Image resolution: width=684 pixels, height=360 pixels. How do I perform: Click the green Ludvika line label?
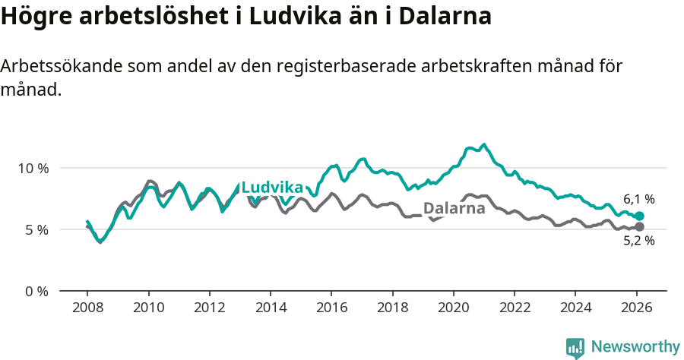272,188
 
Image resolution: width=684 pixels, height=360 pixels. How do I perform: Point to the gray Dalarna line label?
454,208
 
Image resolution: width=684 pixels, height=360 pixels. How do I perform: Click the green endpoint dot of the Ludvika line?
639,216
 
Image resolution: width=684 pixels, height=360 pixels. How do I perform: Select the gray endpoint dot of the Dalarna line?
639,227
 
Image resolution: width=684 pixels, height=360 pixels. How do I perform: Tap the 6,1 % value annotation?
639,200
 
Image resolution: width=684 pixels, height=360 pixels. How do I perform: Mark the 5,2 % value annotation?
639,241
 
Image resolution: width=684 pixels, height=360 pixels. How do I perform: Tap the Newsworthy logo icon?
575,348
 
